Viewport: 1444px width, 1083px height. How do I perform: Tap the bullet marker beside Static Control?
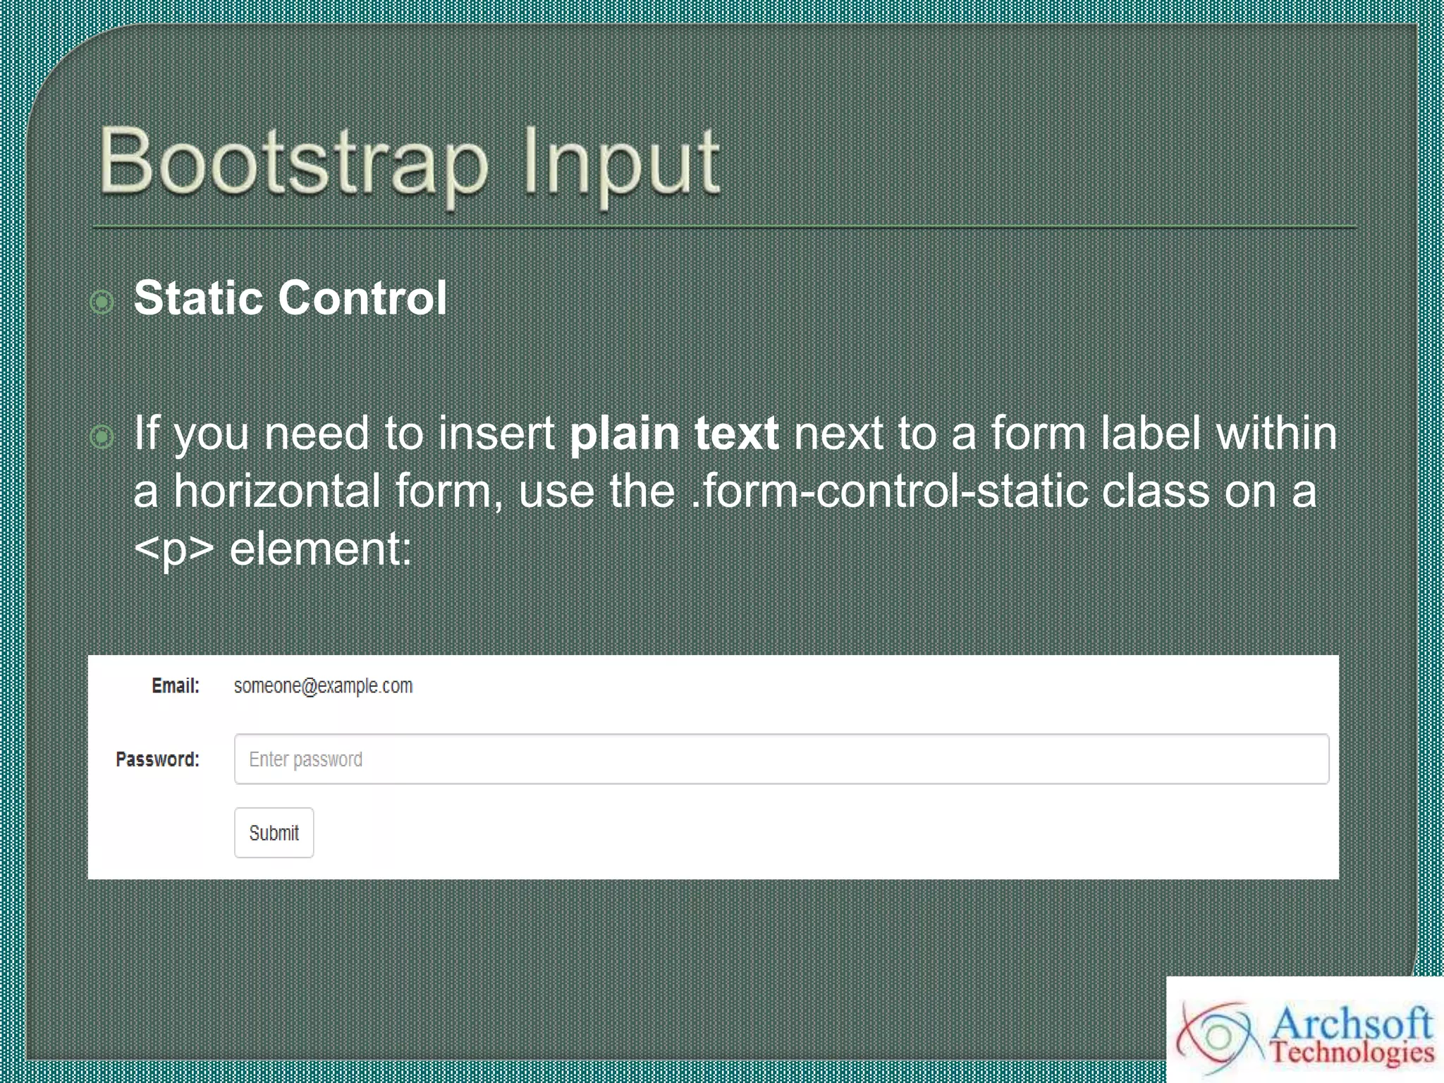pos(102,302)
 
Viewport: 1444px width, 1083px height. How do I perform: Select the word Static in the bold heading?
pos(198,298)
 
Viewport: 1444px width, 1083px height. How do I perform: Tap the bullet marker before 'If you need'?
pos(102,436)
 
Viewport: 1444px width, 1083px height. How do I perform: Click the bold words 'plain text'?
pos(673,433)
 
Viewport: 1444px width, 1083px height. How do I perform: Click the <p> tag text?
pos(173,549)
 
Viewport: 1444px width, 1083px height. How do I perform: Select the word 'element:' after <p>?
pos(321,549)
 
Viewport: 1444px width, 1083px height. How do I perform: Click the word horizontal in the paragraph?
pos(277,491)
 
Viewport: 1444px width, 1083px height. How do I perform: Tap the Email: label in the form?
pos(176,685)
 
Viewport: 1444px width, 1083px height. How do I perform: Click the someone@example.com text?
pos(323,686)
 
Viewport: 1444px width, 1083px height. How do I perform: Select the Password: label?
pos(157,759)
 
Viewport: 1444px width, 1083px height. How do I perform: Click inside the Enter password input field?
pos(776,759)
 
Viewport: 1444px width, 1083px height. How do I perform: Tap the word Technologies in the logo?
pos(1352,1052)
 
